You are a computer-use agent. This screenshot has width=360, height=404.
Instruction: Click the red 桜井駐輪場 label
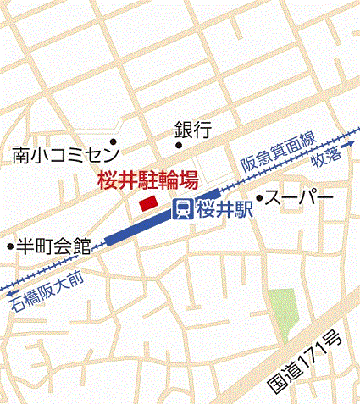coord(147,180)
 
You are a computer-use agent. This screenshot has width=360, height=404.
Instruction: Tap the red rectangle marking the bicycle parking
coord(147,203)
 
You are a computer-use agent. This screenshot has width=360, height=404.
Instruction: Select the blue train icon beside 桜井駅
coord(182,209)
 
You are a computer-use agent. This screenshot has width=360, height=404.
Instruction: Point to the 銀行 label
coord(192,130)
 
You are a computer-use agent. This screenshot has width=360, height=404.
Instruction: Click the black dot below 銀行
coord(179,145)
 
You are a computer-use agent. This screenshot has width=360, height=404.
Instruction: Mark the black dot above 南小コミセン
coord(113,141)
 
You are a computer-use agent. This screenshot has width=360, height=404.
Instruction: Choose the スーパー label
coord(298,198)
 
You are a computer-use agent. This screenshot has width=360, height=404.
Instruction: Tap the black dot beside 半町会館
coord(10,247)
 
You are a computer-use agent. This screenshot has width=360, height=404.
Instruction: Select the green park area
coord(282,305)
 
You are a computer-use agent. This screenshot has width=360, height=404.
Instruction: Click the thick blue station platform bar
coord(140,229)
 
